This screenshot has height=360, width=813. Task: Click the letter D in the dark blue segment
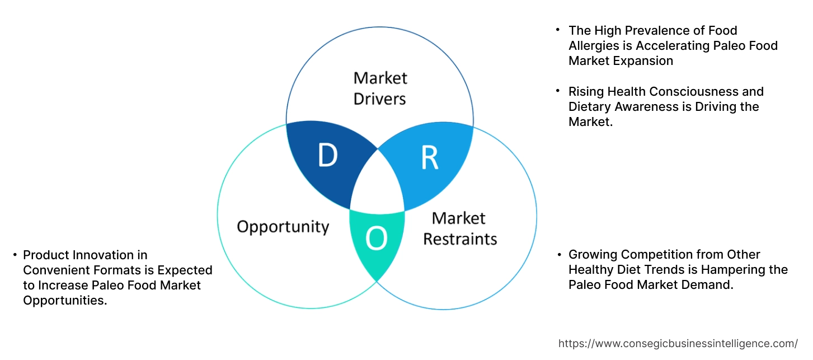(328, 155)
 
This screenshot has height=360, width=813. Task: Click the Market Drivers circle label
(380, 88)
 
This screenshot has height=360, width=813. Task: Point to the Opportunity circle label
(283, 227)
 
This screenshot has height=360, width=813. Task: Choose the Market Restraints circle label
(460, 228)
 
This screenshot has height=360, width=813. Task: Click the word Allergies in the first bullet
(595, 46)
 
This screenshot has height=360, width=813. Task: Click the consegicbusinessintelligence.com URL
(678, 344)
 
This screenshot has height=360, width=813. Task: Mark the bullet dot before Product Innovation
(15, 255)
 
